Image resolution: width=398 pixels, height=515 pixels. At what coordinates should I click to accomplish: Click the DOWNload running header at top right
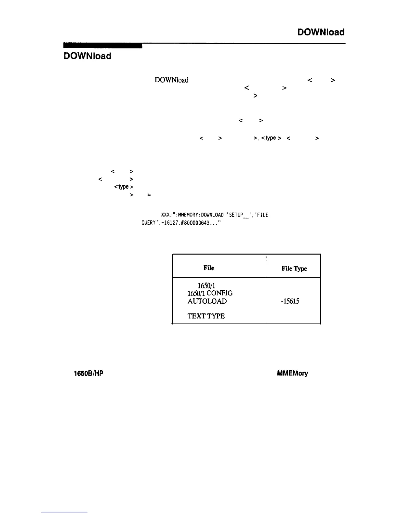(x=321, y=32)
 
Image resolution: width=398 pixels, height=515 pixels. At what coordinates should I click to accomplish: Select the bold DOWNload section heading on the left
(x=87, y=56)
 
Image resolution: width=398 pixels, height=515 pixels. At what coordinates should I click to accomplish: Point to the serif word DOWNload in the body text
(x=171, y=80)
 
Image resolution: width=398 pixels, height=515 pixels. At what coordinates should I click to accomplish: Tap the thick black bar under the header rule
(x=103, y=46)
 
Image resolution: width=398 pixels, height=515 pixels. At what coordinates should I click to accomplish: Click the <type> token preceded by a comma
(x=271, y=138)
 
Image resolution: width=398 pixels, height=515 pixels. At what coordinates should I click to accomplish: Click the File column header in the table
(x=209, y=268)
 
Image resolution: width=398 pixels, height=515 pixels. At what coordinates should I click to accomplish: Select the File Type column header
(x=294, y=269)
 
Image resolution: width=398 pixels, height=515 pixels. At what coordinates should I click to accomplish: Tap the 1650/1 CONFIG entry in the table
(x=210, y=293)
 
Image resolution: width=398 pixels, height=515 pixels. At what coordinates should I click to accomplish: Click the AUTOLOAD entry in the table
(x=207, y=301)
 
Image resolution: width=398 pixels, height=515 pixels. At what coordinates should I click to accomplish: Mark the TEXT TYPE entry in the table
(x=206, y=316)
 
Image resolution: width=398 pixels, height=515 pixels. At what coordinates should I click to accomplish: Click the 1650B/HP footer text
(x=89, y=374)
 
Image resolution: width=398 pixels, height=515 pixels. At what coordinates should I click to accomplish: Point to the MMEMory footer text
(x=292, y=374)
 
